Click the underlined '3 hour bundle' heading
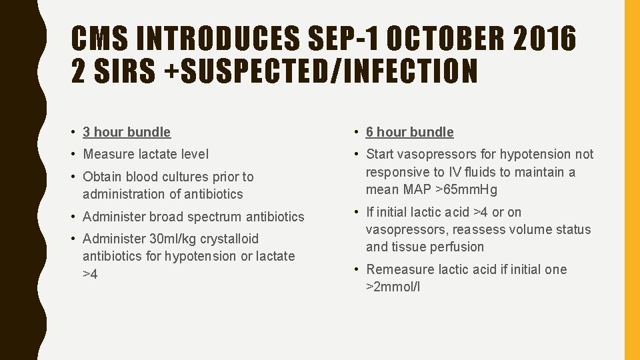127,132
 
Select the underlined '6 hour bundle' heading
409,132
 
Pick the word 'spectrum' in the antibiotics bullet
217,217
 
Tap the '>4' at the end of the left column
90,274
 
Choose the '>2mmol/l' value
393,287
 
